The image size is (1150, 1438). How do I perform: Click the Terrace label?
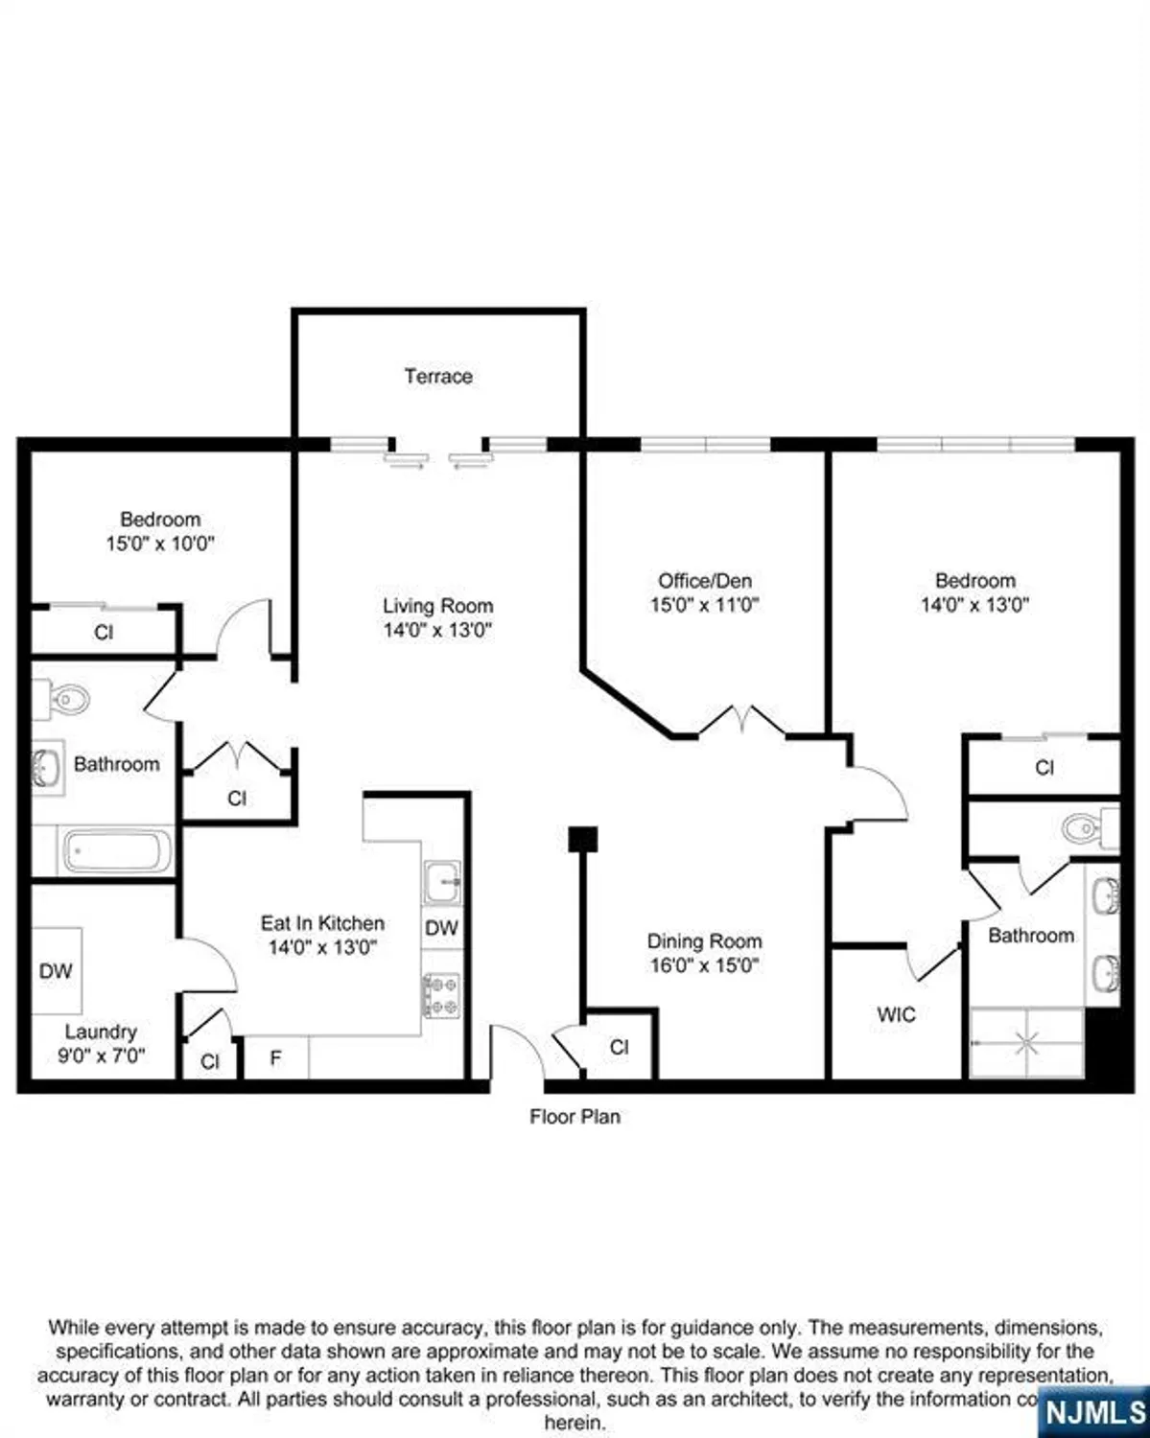[437, 376]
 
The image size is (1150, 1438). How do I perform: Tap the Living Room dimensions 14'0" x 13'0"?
[437, 630]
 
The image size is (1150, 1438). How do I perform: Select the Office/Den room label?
[704, 580]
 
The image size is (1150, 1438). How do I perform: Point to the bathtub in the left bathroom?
[116, 851]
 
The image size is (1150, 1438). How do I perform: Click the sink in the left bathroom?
[46, 767]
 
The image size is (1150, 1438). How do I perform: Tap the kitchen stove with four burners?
[441, 995]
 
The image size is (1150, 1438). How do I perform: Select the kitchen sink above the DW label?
[442, 881]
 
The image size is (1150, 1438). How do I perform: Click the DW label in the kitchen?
[441, 928]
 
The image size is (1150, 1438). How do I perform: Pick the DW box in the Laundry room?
[56, 970]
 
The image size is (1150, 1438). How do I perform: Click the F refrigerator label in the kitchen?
[275, 1059]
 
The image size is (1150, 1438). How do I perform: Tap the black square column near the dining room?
[582, 839]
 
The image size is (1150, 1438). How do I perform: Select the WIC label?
[896, 1014]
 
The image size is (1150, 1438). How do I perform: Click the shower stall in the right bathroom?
[1026, 1041]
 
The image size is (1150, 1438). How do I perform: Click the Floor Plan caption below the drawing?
[575, 1117]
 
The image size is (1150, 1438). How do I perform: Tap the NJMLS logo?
[1094, 1411]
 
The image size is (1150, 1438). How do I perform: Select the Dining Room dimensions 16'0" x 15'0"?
[704, 965]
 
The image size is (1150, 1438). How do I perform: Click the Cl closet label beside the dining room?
[619, 1047]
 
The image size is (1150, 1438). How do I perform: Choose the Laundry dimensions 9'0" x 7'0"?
[101, 1056]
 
